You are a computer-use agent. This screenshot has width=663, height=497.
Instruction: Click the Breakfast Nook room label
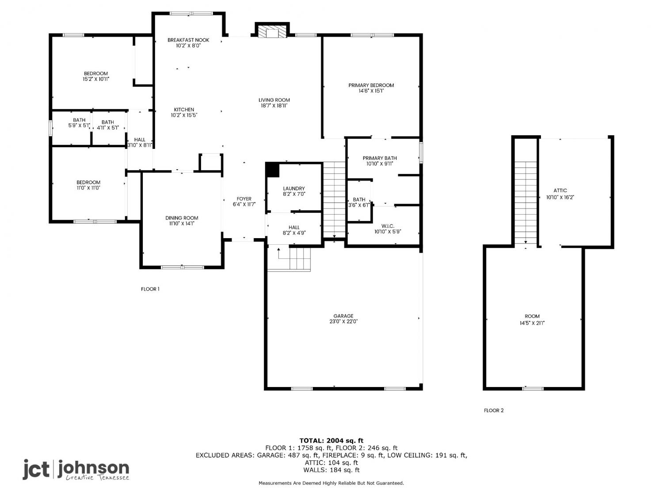(188, 40)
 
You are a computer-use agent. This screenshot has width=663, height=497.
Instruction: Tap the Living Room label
(274, 100)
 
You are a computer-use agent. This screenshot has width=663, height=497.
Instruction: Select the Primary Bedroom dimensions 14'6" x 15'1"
(371, 91)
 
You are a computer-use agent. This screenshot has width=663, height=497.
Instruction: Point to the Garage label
(343, 316)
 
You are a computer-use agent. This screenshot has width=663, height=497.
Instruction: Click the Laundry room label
(293, 188)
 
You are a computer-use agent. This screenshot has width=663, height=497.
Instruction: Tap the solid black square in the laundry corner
(272, 170)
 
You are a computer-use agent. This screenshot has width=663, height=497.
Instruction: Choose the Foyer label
(244, 198)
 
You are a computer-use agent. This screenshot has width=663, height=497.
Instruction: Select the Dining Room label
(182, 218)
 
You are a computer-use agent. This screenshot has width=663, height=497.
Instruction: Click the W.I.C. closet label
(388, 226)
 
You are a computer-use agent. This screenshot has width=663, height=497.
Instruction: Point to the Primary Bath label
(379, 158)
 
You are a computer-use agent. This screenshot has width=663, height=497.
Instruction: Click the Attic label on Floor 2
(560, 190)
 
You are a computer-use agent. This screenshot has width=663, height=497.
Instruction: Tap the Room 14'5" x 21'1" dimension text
(532, 323)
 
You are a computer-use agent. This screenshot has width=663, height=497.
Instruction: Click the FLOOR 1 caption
(150, 289)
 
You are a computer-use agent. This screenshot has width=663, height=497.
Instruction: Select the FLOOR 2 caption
(494, 410)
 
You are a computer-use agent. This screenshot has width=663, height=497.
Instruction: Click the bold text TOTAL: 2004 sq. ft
(331, 441)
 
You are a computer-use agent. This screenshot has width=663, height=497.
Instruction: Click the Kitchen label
(184, 110)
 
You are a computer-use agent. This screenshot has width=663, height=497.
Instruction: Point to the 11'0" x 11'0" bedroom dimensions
(88, 188)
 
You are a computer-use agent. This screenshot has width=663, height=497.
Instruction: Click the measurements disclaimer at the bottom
(331, 483)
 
